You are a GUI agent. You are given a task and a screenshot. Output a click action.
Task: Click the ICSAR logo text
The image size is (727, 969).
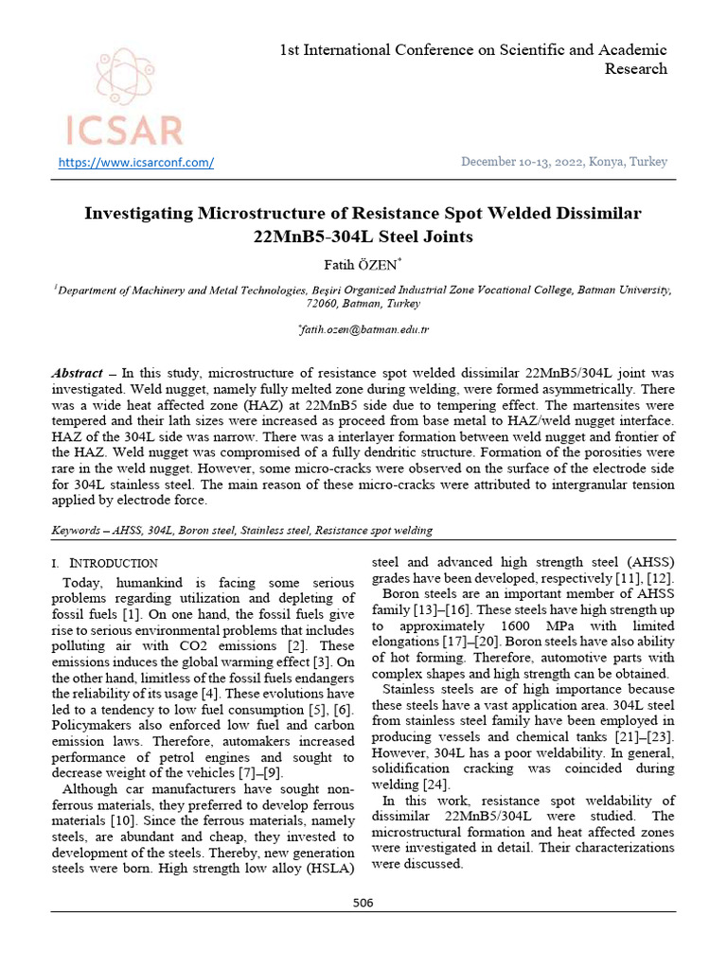[x=123, y=130]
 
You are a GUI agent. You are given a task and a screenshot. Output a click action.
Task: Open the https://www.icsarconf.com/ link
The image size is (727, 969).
[x=136, y=162]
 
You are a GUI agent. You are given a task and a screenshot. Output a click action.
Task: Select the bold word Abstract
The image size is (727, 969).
[x=77, y=375]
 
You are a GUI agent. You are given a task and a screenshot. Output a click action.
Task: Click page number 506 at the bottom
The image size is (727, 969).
[x=363, y=903]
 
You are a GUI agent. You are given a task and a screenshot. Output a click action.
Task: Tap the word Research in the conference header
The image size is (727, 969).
[x=635, y=69]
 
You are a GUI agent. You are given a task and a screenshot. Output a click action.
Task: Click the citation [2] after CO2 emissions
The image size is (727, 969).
[x=327, y=645]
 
